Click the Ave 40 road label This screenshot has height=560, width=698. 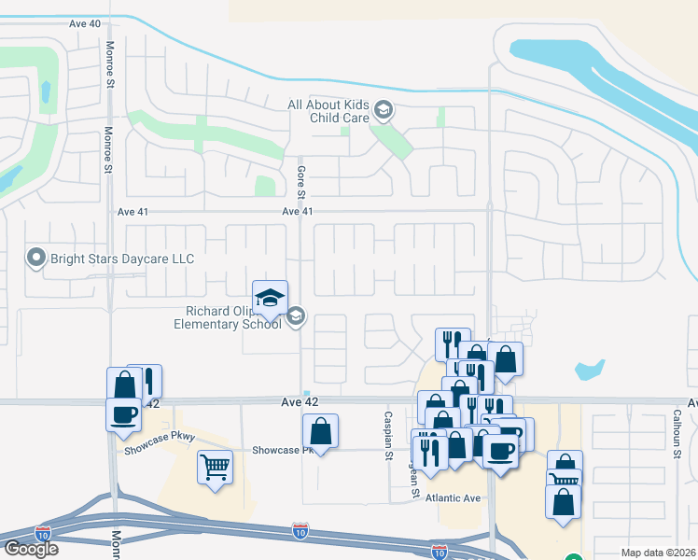pyautogui.click(x=83, y=23)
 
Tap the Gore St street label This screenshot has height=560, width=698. pyautogui.click(x=300, y=183)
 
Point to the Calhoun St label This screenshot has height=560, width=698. pyautogui.click(x=676, y=435)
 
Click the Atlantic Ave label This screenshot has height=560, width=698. pyautogui.click(x=453, y=498)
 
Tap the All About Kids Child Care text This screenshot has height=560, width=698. pyautogui.click(x=328, y=112)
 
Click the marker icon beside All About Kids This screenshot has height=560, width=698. pyautogui.click(x=383, y=112)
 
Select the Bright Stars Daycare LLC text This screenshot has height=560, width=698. pyautogui.click(x=122, y=258)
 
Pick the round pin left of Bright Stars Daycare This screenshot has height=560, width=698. pyautogui.click(x=36, y=257)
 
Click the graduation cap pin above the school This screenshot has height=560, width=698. pyautogui.click(x=270, y=299)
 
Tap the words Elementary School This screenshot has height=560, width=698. pyautogui.click(x=228, y=324)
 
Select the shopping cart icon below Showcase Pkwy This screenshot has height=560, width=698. pyautogui.click(x=215, y=466)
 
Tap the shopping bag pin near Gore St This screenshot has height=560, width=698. pyautogui.click(x=320, y=431)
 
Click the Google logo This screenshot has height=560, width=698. pyautogui.click(x=30, y=549)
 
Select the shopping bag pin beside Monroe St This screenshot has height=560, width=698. pyautogui.click(x=125, y=385)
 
